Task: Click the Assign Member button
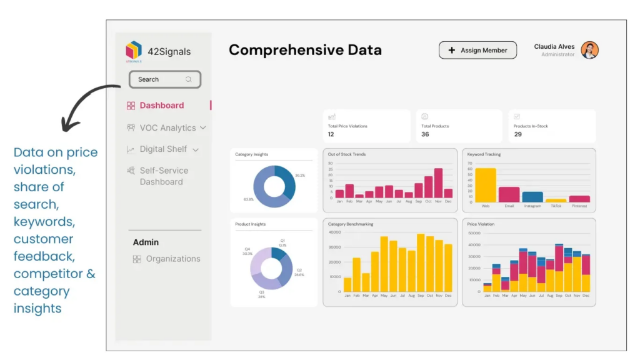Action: [477, 51]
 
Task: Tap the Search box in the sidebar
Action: [164, 79]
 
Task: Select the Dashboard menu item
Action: [161, 106]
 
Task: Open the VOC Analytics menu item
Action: [167, 128]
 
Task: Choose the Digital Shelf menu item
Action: [163, 149]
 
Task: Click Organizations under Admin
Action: [172, 259]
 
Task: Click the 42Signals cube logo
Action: [134, 50]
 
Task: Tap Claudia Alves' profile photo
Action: [589, 51]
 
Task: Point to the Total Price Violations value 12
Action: [331, 134]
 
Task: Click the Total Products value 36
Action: [425, 134]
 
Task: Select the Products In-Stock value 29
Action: [517, 134]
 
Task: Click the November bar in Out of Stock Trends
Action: [438, 183]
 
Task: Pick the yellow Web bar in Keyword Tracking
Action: [486, 185]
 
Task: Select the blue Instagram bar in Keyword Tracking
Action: [532, 197]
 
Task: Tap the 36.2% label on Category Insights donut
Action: [300, 176]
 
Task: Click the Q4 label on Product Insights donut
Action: [247, 249]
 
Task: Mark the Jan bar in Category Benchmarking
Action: [347, 284]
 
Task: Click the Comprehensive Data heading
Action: [305, 51]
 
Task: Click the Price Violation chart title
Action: [481, 224]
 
